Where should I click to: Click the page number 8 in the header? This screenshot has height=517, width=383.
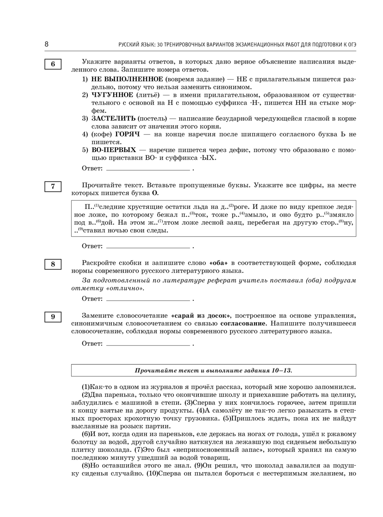click(47, 44)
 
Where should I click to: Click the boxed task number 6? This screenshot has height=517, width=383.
click(53, 64)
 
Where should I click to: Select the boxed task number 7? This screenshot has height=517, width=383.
click(53, 187)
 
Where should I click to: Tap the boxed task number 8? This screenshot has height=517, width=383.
click(53, 264)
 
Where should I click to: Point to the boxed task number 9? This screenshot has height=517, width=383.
click(53, 317)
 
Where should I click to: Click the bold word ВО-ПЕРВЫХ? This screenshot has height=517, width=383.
click(113, 150)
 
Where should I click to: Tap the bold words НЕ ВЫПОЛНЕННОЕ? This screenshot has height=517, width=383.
click(127, 79)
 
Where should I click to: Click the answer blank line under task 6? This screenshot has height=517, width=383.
click(148, 169)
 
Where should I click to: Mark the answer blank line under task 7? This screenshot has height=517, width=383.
click(148, 247)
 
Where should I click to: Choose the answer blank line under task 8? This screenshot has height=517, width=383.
click(148, 299)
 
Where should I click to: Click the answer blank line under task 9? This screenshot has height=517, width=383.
click(148, 345)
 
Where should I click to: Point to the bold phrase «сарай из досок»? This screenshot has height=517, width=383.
click(201, 316)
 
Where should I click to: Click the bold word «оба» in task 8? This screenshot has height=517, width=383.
click(218, 263)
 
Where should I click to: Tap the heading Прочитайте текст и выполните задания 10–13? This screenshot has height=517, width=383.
click(213, 371)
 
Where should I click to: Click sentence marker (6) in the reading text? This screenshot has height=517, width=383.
click(86, 434)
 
